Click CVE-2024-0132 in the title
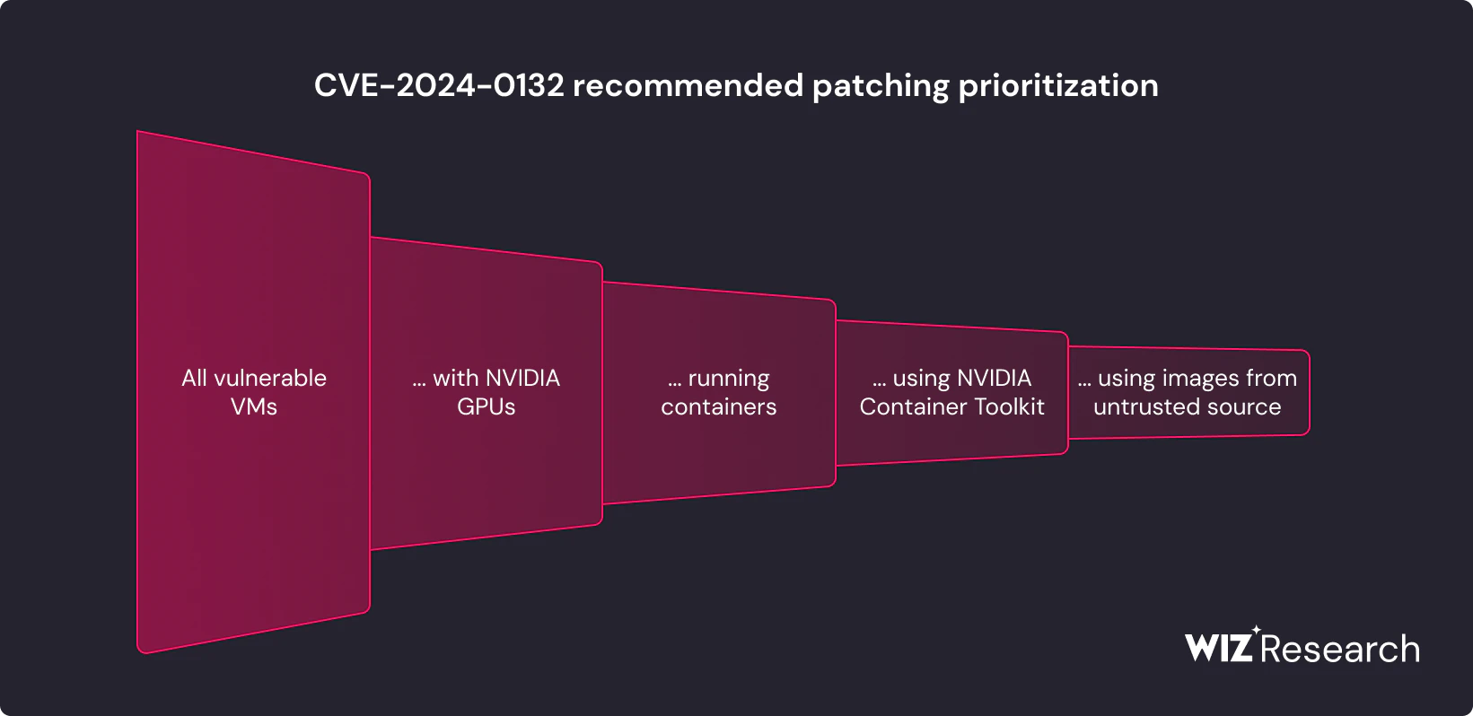point(439,85)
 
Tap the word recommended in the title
point(688,85)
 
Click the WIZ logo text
point(1218,648)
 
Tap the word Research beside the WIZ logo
point(1340,649)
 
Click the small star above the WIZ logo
point(1256,630)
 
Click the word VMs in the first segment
point(254,407)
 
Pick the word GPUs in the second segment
point(486,407)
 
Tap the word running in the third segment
point(729,380)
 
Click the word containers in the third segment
point(719,407)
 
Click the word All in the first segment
point(194,378)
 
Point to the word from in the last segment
point(1272,378)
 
